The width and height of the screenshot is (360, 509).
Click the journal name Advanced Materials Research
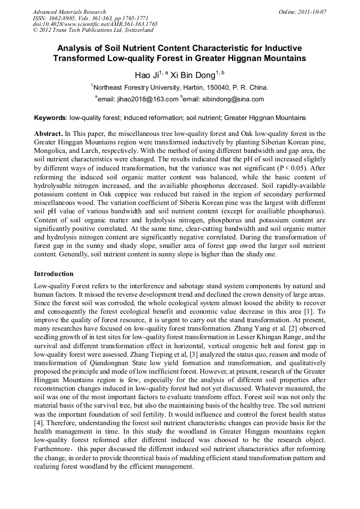tap(69, 12)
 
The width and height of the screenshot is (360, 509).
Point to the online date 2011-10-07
tap(314, 12)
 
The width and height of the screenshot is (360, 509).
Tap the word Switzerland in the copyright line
tap(131, 31)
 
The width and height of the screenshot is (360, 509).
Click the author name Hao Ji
tap(147, 75)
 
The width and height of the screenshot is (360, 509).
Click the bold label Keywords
tap(50, 117)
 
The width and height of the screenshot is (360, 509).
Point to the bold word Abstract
tap(48, 134)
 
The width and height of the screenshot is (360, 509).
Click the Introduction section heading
tap(54, 274)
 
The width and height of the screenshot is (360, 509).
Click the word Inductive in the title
tap(282, 48)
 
